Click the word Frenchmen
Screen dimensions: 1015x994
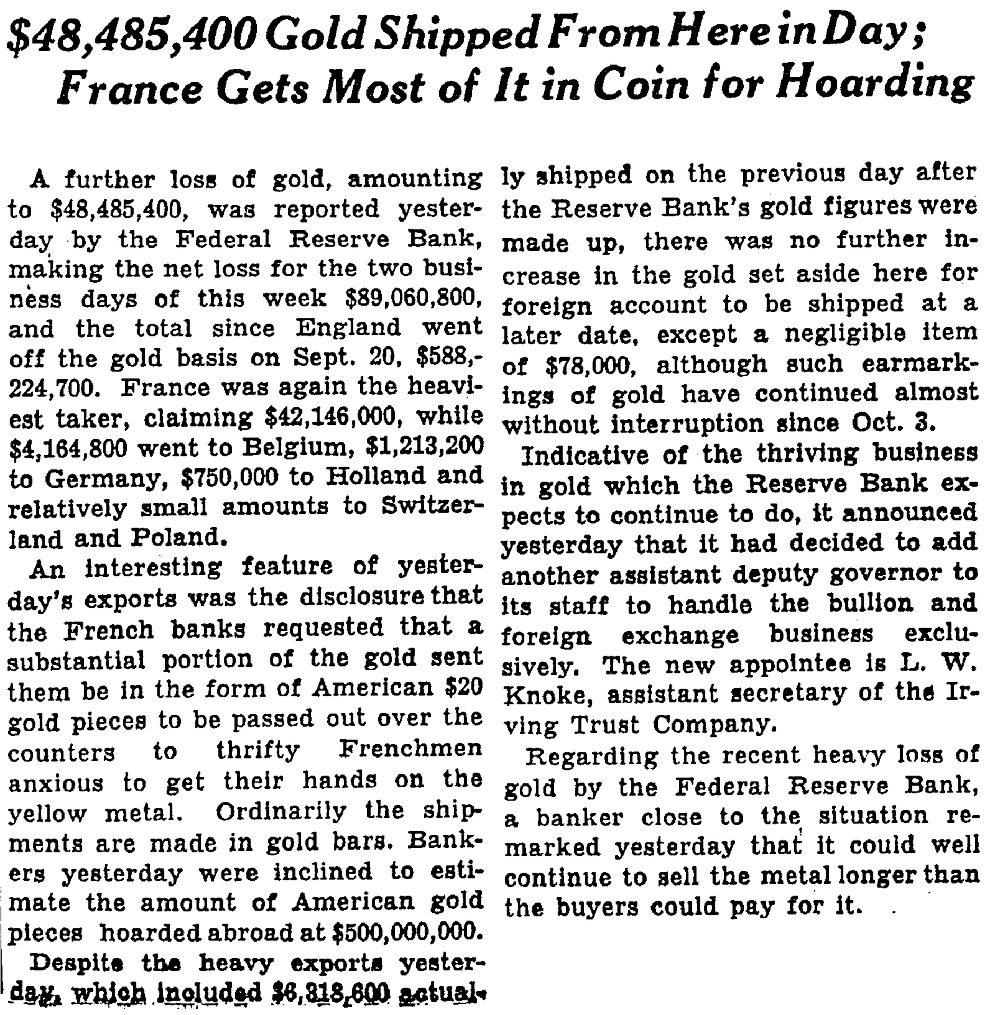[x=410, y=750]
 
